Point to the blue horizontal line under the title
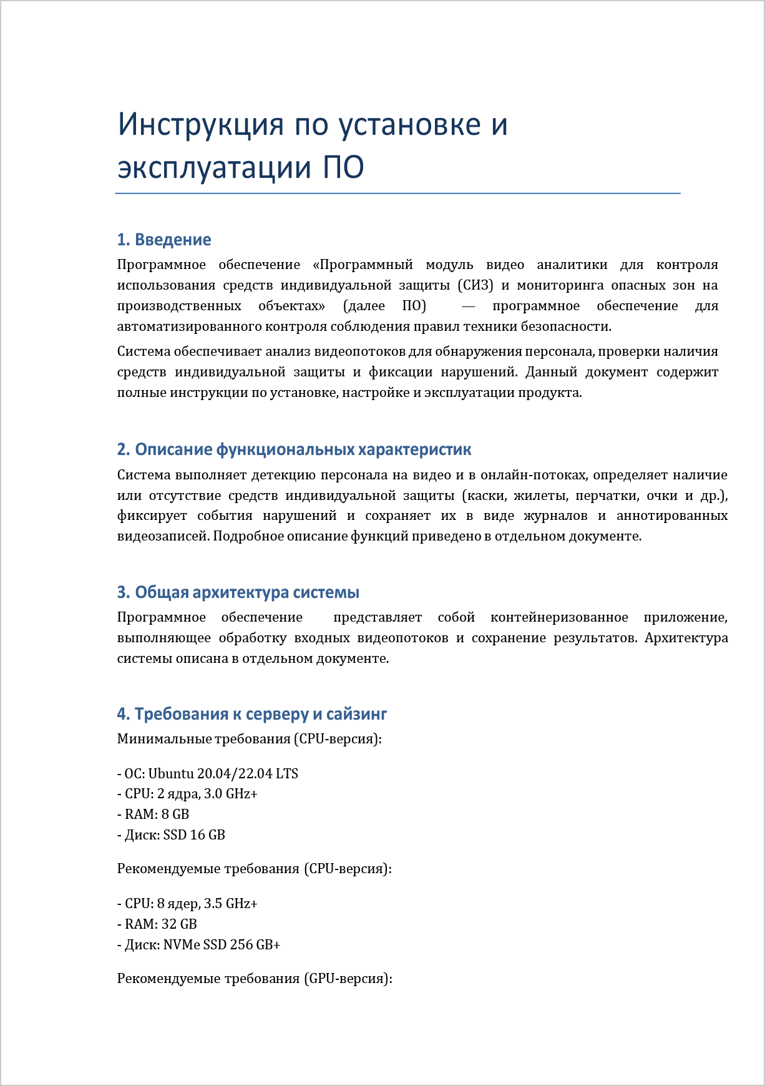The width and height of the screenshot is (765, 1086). tap(397, 193)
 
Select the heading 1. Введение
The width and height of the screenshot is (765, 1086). tap(164, 240)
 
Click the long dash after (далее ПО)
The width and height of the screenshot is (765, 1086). tap(468, 306)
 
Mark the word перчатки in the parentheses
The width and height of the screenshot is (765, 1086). tap(602, 496)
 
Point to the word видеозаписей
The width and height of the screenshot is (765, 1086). tap(163, 536)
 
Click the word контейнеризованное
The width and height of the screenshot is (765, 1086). tap(559, 617)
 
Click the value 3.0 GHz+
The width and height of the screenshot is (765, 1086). tap(231, 794)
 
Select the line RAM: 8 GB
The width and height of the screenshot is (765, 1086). tap(153, 814)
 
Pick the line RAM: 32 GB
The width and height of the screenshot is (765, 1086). tap(157, 924)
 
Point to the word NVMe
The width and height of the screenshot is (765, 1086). tap(182, 945)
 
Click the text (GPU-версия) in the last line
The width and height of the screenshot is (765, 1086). tap(348, 979)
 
